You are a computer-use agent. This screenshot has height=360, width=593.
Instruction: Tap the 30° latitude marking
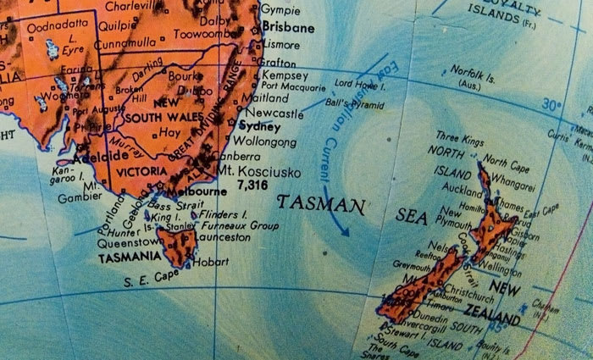(x=551, y=107)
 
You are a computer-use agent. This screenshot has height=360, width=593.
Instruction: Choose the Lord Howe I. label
(x=357, y=84)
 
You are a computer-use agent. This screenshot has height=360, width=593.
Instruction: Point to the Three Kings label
(x=459, y=136)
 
